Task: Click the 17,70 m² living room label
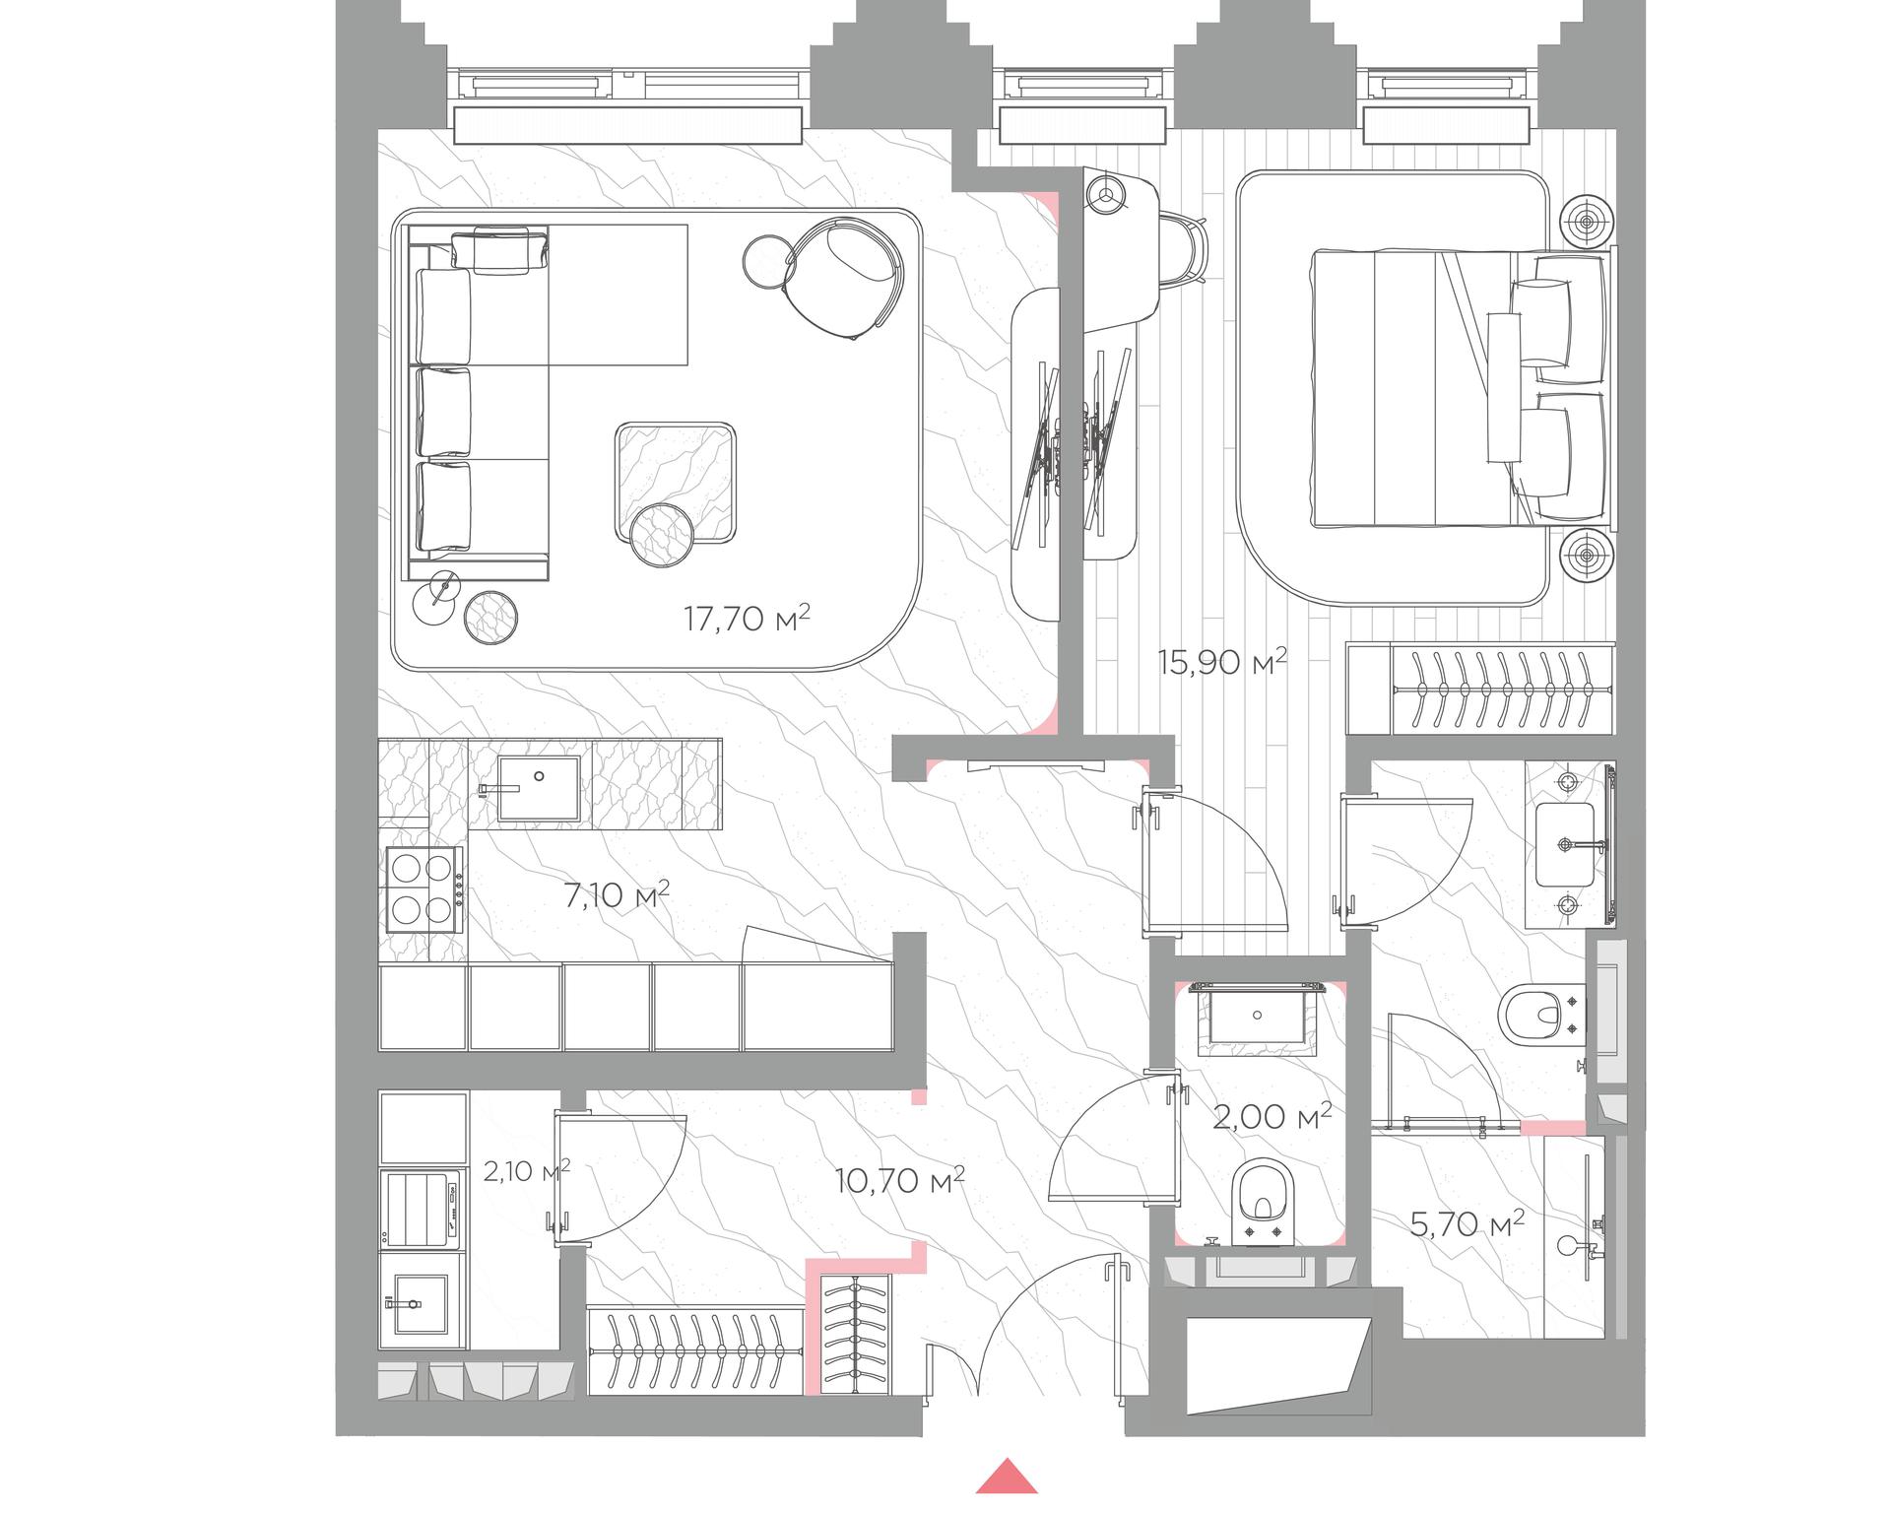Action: tap(747, 619)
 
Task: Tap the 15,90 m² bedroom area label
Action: tap(1222, 662)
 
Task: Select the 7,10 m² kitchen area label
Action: tap(616, 895)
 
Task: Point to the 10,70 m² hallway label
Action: tap(899, 1179)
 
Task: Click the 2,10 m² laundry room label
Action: tap(527, 1171)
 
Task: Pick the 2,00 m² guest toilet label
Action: tap(1272, 1116)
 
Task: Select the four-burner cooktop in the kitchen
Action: tap(425, 890)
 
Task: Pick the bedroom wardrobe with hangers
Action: tap(1480, 690)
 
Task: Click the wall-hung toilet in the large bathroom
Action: tap(1541, 1016)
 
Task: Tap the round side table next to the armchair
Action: tap(767, 262)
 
